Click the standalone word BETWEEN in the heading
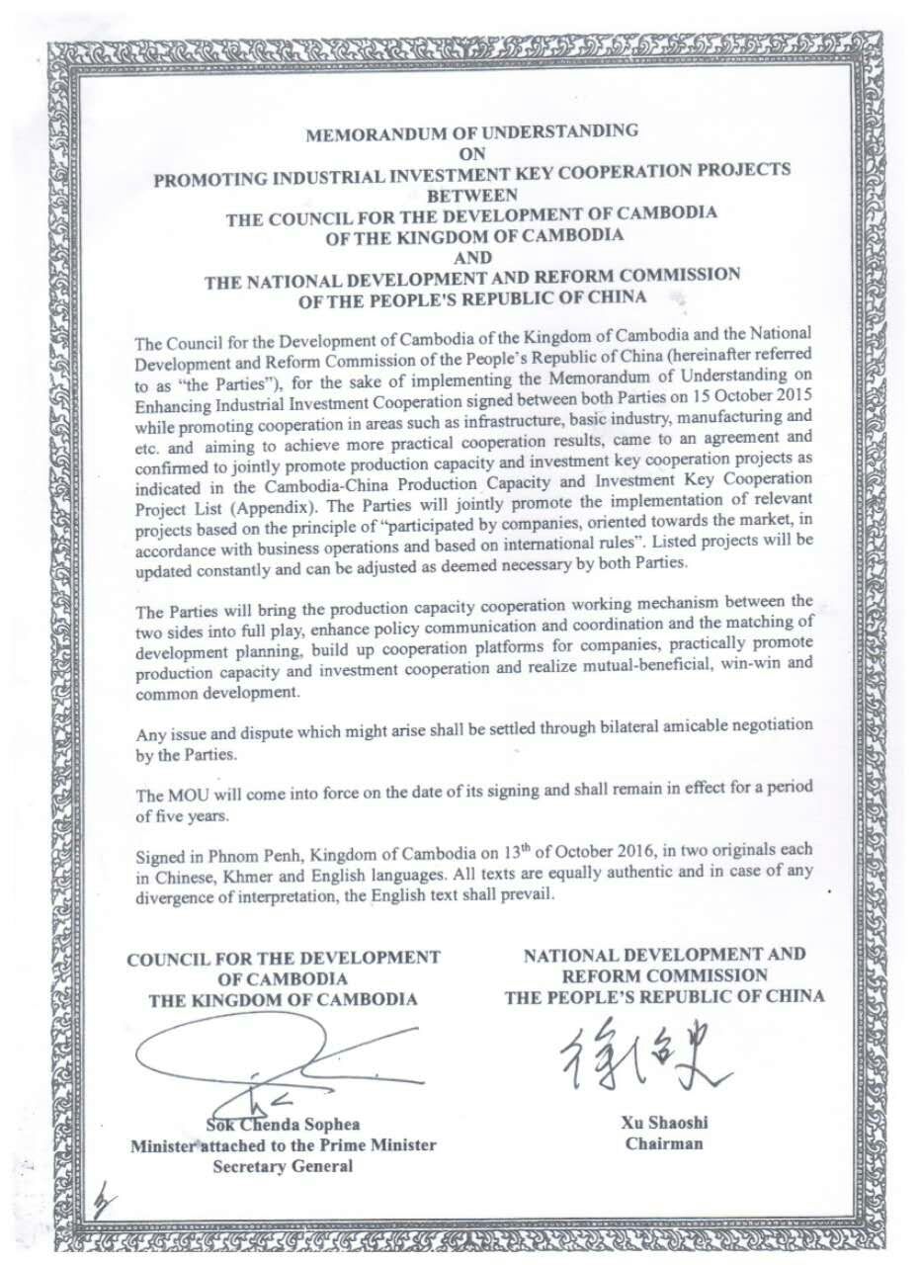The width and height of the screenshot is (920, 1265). pos(473,195)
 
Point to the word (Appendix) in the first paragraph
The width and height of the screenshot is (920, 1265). pos(295,503)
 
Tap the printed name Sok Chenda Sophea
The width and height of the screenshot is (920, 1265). pos(283,1126)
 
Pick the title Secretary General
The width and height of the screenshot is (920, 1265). pos(283,1166)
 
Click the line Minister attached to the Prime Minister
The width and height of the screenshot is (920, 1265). pos(283,1146)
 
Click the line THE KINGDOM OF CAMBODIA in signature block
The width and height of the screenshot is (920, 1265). pos(283,999)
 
